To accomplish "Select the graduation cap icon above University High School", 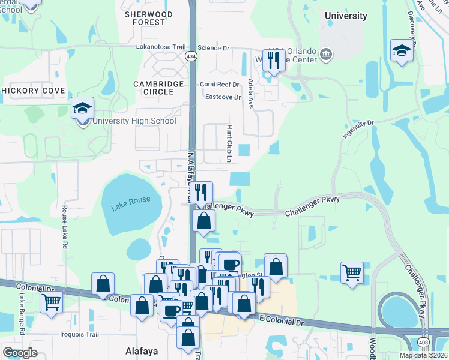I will [83, 109].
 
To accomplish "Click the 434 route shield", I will [191, 56].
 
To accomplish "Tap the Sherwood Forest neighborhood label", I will [148, 18].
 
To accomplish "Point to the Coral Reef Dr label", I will [220, 85].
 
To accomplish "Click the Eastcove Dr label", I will [223, 97].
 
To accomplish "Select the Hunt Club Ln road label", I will [229, 144].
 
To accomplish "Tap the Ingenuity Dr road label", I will [358, 130].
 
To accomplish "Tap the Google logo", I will [20, 353].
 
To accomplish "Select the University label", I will [345, 15].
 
